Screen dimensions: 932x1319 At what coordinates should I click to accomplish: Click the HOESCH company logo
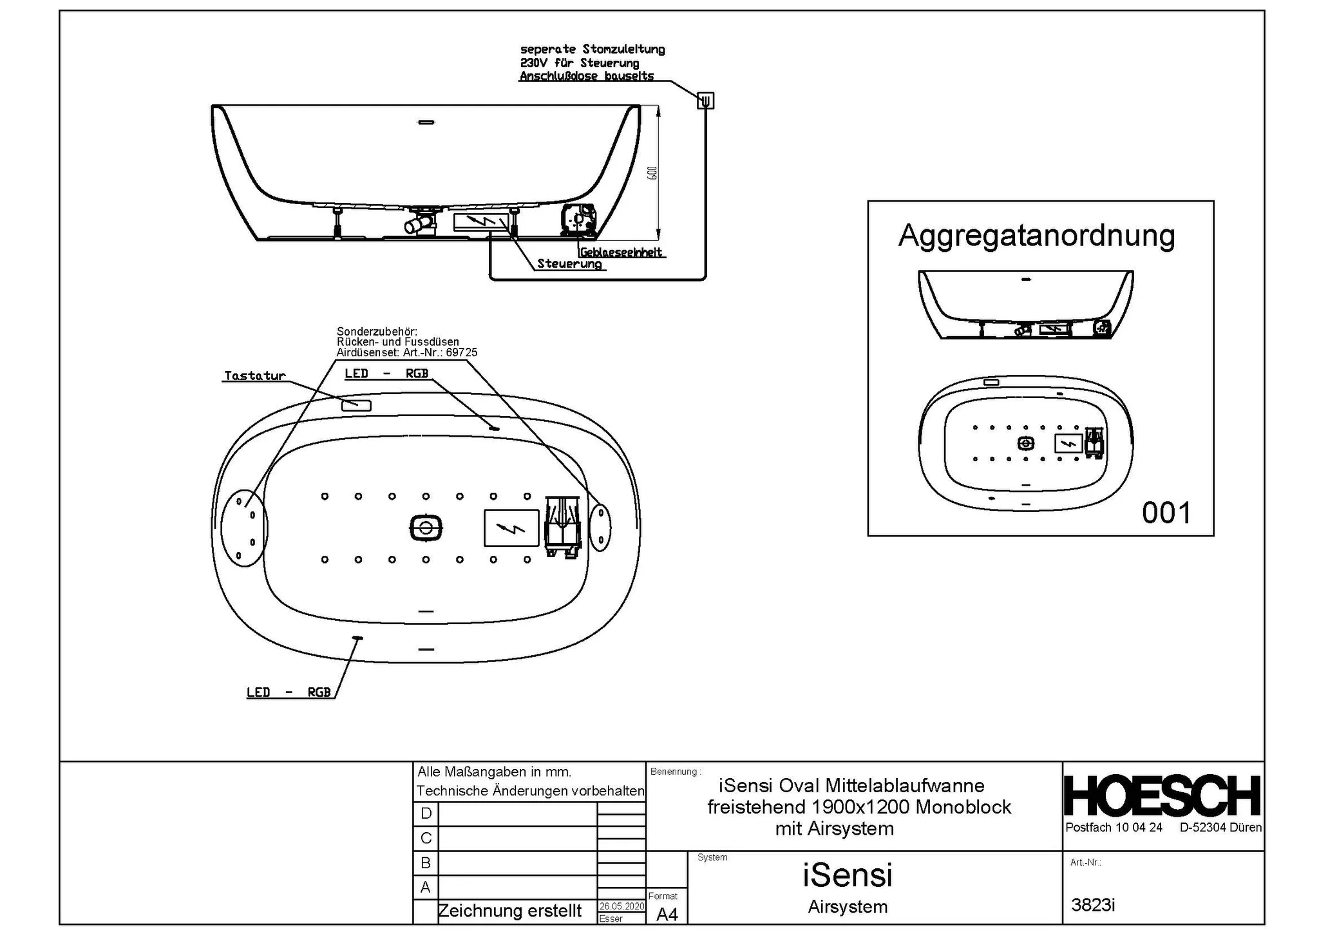[x=1162, y=796]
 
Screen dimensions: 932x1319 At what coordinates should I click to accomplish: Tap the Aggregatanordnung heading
[x=1036, y=236]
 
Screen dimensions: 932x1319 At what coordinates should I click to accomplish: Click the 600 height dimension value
[x=652, y=173]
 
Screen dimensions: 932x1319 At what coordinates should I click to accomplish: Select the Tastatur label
[x=254, y=376]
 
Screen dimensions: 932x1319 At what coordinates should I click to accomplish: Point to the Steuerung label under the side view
[x=569, y=264]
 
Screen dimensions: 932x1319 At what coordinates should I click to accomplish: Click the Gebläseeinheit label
[x=621, y=252]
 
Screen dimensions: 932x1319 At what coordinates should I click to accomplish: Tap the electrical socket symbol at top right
[x=705, y=100]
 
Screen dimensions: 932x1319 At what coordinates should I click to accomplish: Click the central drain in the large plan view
[x=426, y=528]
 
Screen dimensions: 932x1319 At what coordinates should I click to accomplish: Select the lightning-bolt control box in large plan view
[x=511, y=528]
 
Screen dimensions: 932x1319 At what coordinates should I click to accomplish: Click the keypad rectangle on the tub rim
[x=356, y=405]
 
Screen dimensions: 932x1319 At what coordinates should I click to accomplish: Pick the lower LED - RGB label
[x=289, y=692]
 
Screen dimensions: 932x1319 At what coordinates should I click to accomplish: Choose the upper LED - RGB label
[x=386, y=374]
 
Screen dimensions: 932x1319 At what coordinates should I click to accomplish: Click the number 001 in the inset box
[x=1166, y=513]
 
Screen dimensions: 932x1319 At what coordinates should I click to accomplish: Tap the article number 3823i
[x=1093, y=905]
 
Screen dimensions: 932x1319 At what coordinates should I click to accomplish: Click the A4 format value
[x=667, y=914]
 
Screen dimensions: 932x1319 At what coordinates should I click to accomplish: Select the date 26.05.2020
[x=622, y=906]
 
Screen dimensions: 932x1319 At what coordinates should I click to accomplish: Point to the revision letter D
[x=426, y=813]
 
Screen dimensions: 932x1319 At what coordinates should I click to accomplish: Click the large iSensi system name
[x=847, y=875]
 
